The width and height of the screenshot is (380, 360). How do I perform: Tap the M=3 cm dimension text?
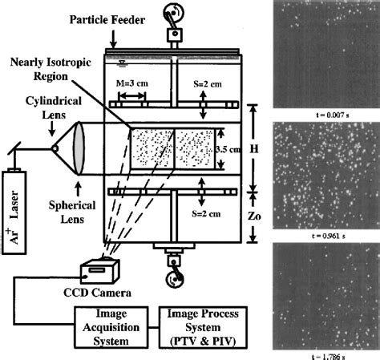pyautogui.click(x=131, y=82)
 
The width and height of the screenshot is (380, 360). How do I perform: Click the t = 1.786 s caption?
pyautogui.click(x=325, y=352)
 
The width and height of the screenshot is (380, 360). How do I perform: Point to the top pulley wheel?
pyautogui.click(x=172, y=14)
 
